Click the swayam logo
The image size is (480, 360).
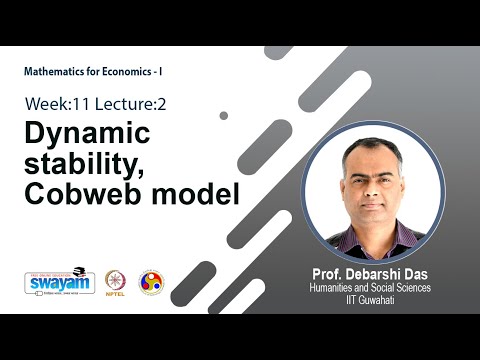click(59, 282)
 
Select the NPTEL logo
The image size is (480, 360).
click(115, 282)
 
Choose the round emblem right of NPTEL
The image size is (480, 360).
click(151, 282)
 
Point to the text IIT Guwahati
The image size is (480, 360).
click(371, 300)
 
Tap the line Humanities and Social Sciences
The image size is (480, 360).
click(371, 288)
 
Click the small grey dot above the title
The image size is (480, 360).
click(223, 115)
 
